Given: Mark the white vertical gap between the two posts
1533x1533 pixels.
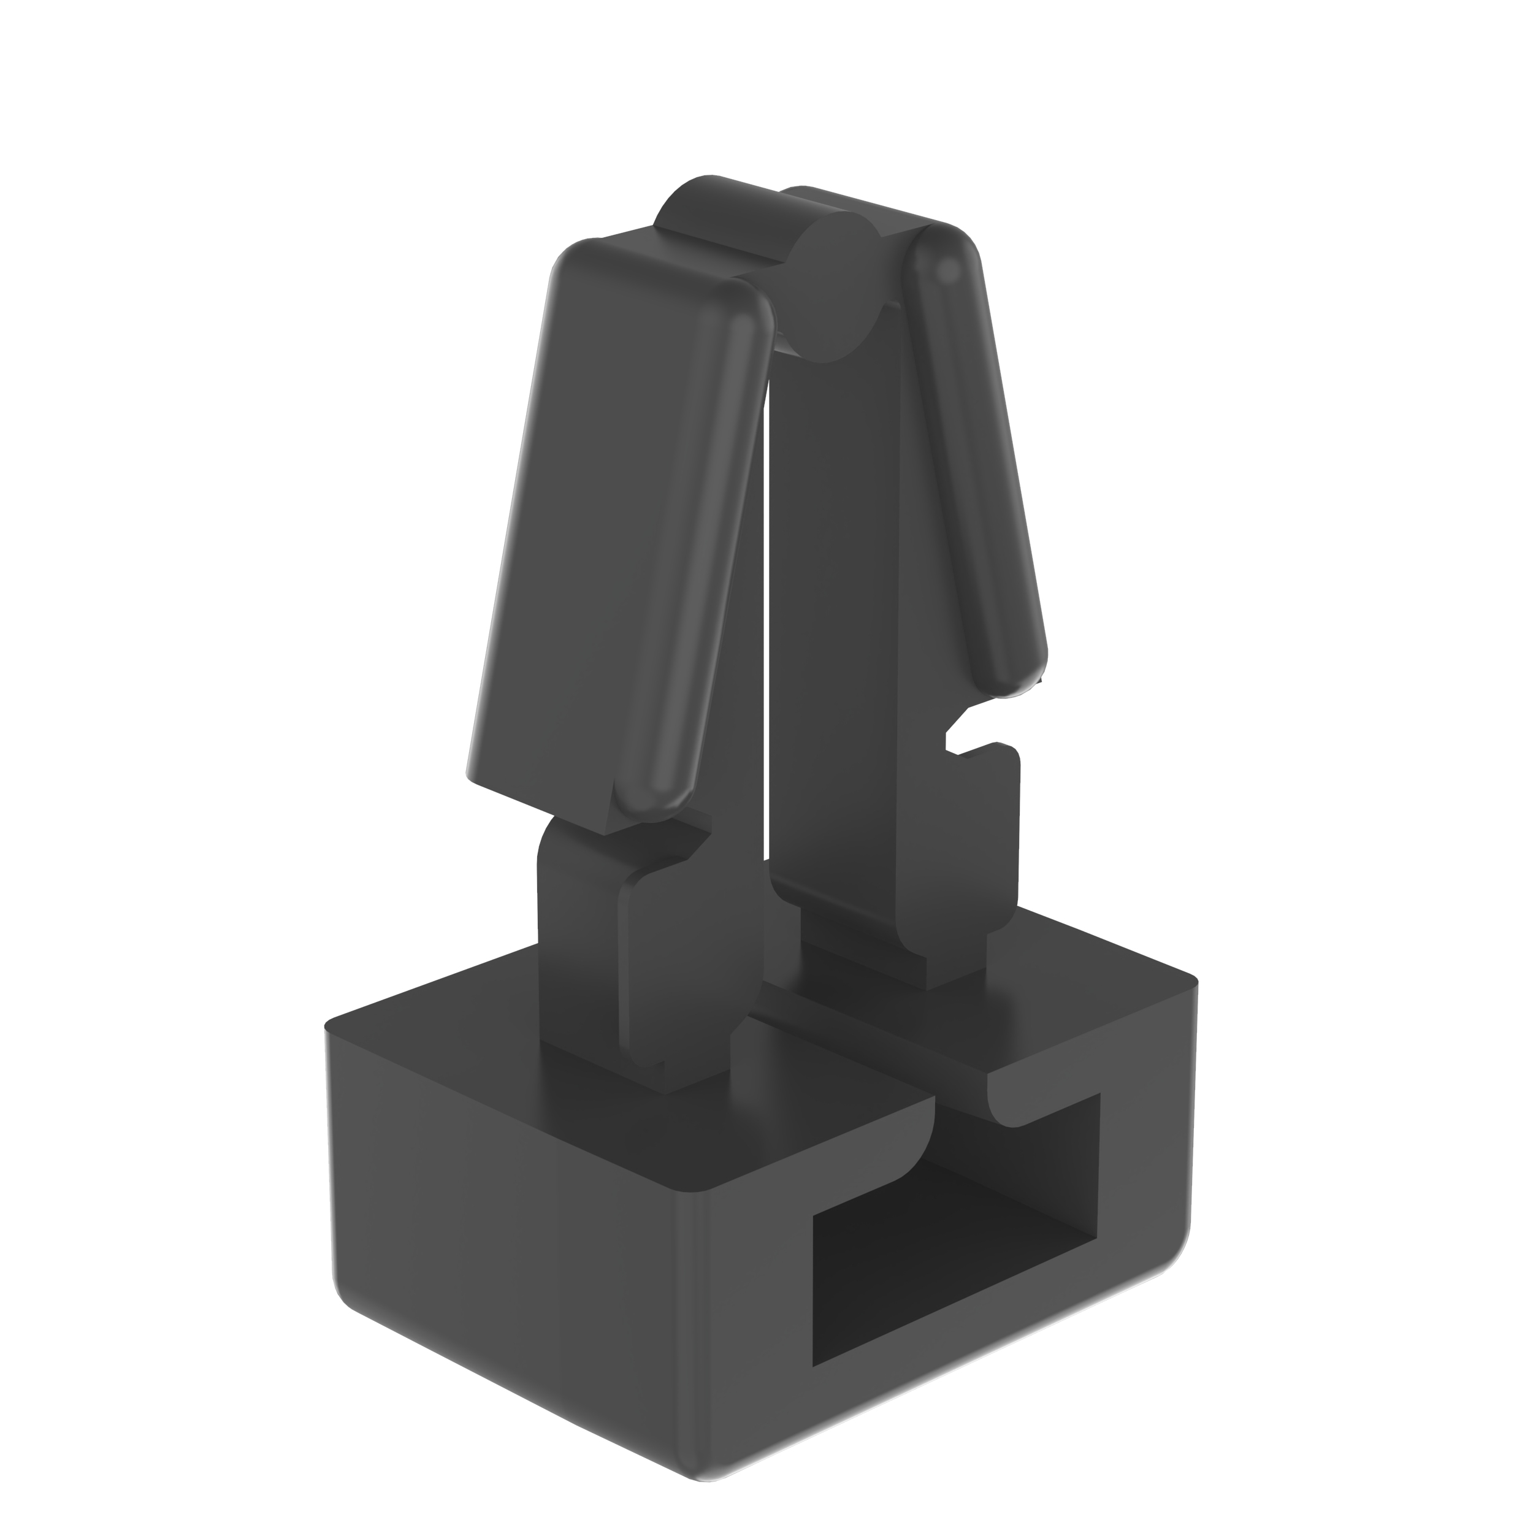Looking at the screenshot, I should coord(766,635).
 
